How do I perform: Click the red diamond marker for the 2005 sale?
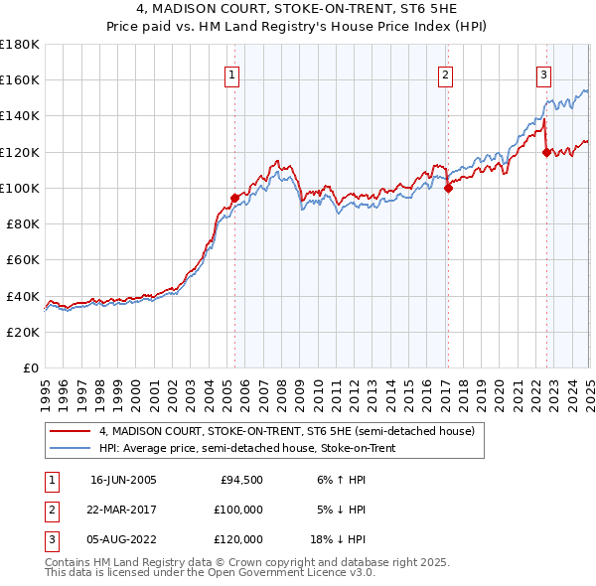tap(234, 198)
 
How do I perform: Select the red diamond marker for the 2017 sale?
tap(448, 188)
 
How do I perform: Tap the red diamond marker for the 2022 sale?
tap(546, 152)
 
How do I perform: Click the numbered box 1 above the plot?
tap(232, 74)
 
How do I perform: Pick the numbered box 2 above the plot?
tap(446, 74)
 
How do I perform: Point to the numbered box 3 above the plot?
tap(544, 74)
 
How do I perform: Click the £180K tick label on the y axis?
tap(20, 45)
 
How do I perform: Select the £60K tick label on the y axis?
tap(23, 259)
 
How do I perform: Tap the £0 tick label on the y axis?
tap(30, 367)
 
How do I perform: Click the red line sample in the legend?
tap(70, 431)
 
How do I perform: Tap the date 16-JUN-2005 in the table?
tap(123, 481)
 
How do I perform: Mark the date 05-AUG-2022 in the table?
tap(123, 539)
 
